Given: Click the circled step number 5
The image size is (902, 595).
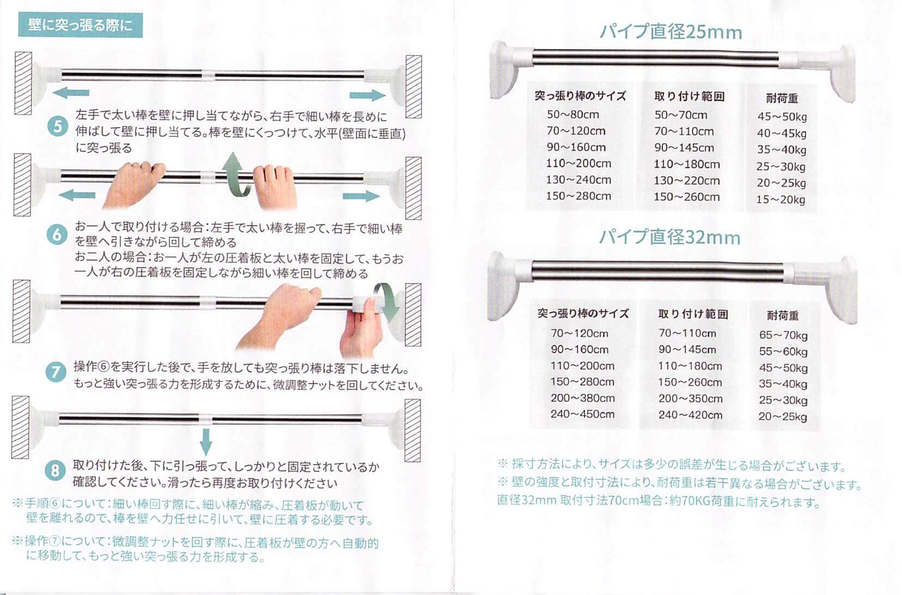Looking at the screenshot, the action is (58, 126).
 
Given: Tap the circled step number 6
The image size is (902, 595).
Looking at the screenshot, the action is (57, 235).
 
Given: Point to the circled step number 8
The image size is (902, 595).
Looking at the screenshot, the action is (55, 471).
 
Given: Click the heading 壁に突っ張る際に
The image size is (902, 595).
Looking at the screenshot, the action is (81, 25).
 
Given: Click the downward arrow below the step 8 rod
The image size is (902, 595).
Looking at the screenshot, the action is (206, 442).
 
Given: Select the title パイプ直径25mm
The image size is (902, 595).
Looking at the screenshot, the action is (671, 32).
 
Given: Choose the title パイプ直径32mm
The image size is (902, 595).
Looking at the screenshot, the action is (670, 237).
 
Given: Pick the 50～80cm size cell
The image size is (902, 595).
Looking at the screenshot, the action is (573, 115).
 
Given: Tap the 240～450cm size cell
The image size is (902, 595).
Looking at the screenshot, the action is (582, 414).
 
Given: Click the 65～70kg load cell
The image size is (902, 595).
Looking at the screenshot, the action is (783, 335).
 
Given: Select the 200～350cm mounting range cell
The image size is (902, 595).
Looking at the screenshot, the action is (690, 399).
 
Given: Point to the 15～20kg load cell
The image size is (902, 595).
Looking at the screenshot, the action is (781, 200).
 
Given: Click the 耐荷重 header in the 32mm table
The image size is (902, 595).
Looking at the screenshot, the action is (783, 315).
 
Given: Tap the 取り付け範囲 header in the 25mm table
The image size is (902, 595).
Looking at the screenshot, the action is (689, 97).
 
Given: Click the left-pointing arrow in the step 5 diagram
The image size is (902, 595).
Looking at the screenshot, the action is (70, 93).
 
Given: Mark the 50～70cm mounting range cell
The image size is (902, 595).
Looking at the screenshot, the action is (681, 115).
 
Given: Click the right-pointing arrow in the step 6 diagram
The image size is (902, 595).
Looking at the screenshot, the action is (361, 196).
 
